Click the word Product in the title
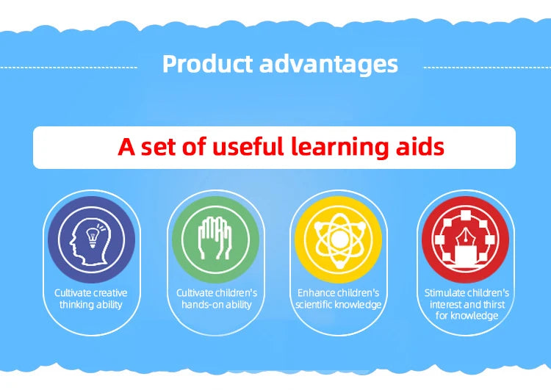(x=207, y=64)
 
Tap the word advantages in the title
(x=329, y=65)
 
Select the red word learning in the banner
(x=340, y=147)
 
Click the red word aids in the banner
(x=420, y=146)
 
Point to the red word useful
(x=248, y=146)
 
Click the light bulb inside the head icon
(x=93, y=237)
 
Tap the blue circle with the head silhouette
(x=91, y=239)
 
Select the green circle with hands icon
(x=215, y=239)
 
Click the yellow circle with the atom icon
(x=339, y=239)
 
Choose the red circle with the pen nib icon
(x=465, y=239)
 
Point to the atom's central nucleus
(x=339, y=239)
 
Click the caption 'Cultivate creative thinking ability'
(x=91, y=299)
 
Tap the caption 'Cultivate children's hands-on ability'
(x=217, y=299)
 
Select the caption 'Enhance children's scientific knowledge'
(x=339, y=299)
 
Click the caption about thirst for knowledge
(x=467, y=304)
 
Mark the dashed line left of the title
(x=68, y=68)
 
